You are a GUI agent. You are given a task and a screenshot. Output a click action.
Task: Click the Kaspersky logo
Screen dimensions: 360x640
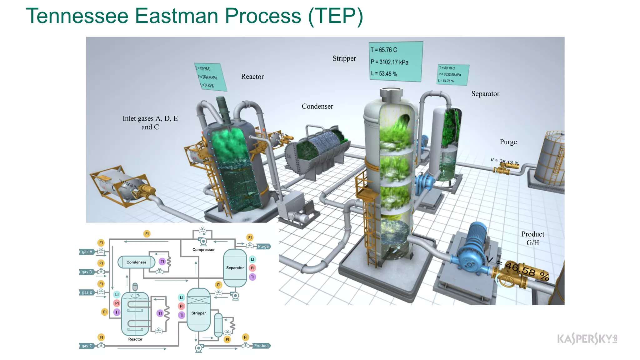pyautogui.click(x=587, y=339)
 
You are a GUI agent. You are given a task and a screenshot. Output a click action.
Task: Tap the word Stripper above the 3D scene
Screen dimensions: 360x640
pyautogui.click(x=344, y=58)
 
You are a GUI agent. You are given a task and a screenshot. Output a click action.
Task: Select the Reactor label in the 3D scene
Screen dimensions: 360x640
pyautogui.click(x=252, y=77)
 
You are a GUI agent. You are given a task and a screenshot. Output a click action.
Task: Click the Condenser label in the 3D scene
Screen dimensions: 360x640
pyautogui.click(x=317, y=106)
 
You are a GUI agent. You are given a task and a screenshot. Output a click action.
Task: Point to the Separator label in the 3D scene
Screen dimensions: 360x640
pyautogui.click(x=485, y=94)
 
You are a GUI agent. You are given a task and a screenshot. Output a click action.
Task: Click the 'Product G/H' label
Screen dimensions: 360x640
pyautogui.click(x=532, y=238)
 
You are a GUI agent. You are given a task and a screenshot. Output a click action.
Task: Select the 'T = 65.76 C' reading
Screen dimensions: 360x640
pyautogui.click(x=384, y=50)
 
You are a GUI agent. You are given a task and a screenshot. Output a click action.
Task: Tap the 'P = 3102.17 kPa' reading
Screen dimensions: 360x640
pyautogui.click(x=389, y=62)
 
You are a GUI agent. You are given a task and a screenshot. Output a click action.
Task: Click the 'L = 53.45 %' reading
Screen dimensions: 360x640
pyautogui.click(x=384, y=74)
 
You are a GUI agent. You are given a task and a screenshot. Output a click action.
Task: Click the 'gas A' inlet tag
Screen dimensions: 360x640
pyautogui.click(x=87, y=252)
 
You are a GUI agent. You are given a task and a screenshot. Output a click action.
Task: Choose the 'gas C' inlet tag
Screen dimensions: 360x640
pyautogui.click(x=87, y=346)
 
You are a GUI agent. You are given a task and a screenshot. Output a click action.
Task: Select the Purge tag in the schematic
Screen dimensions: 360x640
pyautogui.click(x=263, y=246)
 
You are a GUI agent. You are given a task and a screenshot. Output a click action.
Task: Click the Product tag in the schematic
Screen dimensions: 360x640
pyautogui.click(x=261, y=346)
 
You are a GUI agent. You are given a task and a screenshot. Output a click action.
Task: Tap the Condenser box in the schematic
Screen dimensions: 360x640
pyautogui.click(x=136, y=262)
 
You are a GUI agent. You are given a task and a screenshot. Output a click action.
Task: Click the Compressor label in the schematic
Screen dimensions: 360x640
pyautogui.click(x=203, y=250)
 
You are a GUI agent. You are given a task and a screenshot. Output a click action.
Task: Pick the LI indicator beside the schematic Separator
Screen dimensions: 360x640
pyautogui.click(x=252, y=259)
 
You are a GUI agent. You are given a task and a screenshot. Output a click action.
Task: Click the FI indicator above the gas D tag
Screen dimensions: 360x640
pyautogui.click(x=101, y=263)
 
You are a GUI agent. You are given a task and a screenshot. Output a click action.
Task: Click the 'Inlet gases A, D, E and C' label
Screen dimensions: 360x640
pyautogui.click(x=150, y=122)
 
